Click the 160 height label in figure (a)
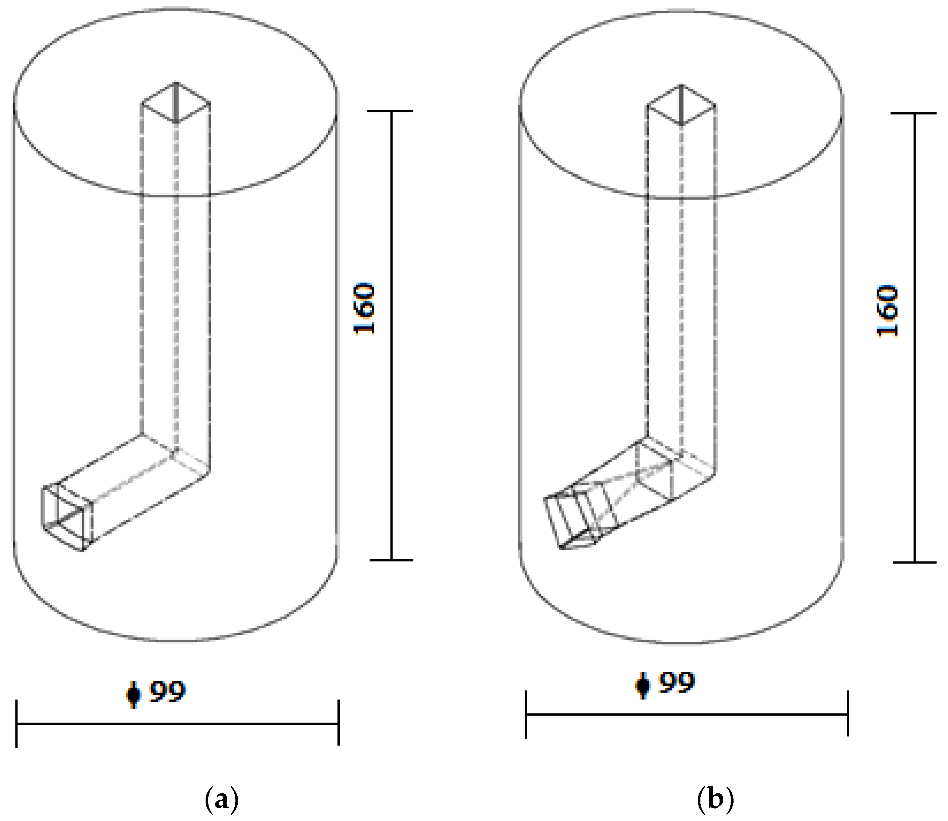[365, 309]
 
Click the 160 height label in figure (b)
[888, 311]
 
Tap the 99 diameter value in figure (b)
[677, 683]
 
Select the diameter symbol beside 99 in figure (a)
[134, 694]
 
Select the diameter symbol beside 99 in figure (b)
[643, 685]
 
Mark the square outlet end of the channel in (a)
[67, 517]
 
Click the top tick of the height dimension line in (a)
[391, 111]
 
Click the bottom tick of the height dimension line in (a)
[391, 560]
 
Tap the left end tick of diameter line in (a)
[17, 724]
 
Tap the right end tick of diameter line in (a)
[339, 723]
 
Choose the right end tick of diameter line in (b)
[848, 713]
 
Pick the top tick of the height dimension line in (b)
[914, 113]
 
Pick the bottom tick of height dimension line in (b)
[914, 562]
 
